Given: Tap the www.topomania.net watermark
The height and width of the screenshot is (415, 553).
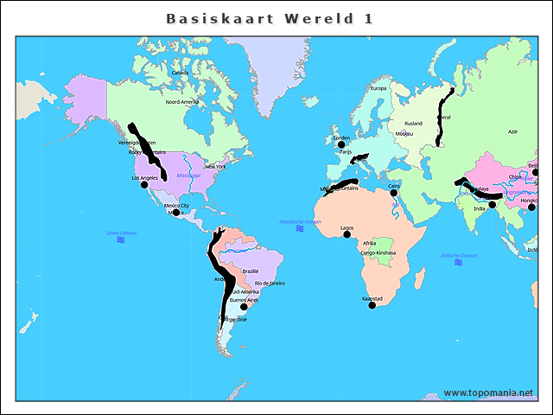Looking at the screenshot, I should pyautogui.click(x=488, y=393).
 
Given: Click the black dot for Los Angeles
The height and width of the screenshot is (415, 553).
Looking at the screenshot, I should pyautogui.click(x=144, y=185).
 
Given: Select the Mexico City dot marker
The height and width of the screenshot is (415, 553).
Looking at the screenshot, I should pyautogui.click(x=175, y=212).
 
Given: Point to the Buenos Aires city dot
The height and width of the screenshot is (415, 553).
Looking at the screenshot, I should pyautogui.click(x=244, y=306).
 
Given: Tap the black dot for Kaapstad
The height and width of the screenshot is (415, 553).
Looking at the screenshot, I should pyautogui.click(x=372, y=305).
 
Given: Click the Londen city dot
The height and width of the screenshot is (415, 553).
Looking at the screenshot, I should pyautogui.click(x=340, y=144).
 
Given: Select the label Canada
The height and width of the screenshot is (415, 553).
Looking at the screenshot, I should pyautogui.click(x=180, y=73).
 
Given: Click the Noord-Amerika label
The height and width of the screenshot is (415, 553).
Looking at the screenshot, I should pyautogui.click(x=182, y=101).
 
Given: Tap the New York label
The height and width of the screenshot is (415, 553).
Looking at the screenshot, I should pyautogui.click(x=214, y=166).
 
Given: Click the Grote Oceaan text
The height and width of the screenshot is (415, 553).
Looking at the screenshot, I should pyautogui.click(x=121, y=233).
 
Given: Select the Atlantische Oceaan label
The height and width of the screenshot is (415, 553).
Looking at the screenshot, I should pyautogui.click(x=300, y=222).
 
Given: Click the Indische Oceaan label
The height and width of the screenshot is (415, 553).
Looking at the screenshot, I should pyautogui.click(x=459, y=255).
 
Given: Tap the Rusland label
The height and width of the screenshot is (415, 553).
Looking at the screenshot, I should pyautogui.click(x=414, y=124).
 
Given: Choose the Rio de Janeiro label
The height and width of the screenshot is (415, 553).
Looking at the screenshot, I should pyautogui.click(x=270, y=283).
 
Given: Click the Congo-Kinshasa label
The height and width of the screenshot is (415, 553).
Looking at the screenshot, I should pyautogui.click(x=378, y=252).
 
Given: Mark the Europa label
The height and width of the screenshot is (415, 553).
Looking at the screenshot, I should pyautogui.click(x=378, y=88).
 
